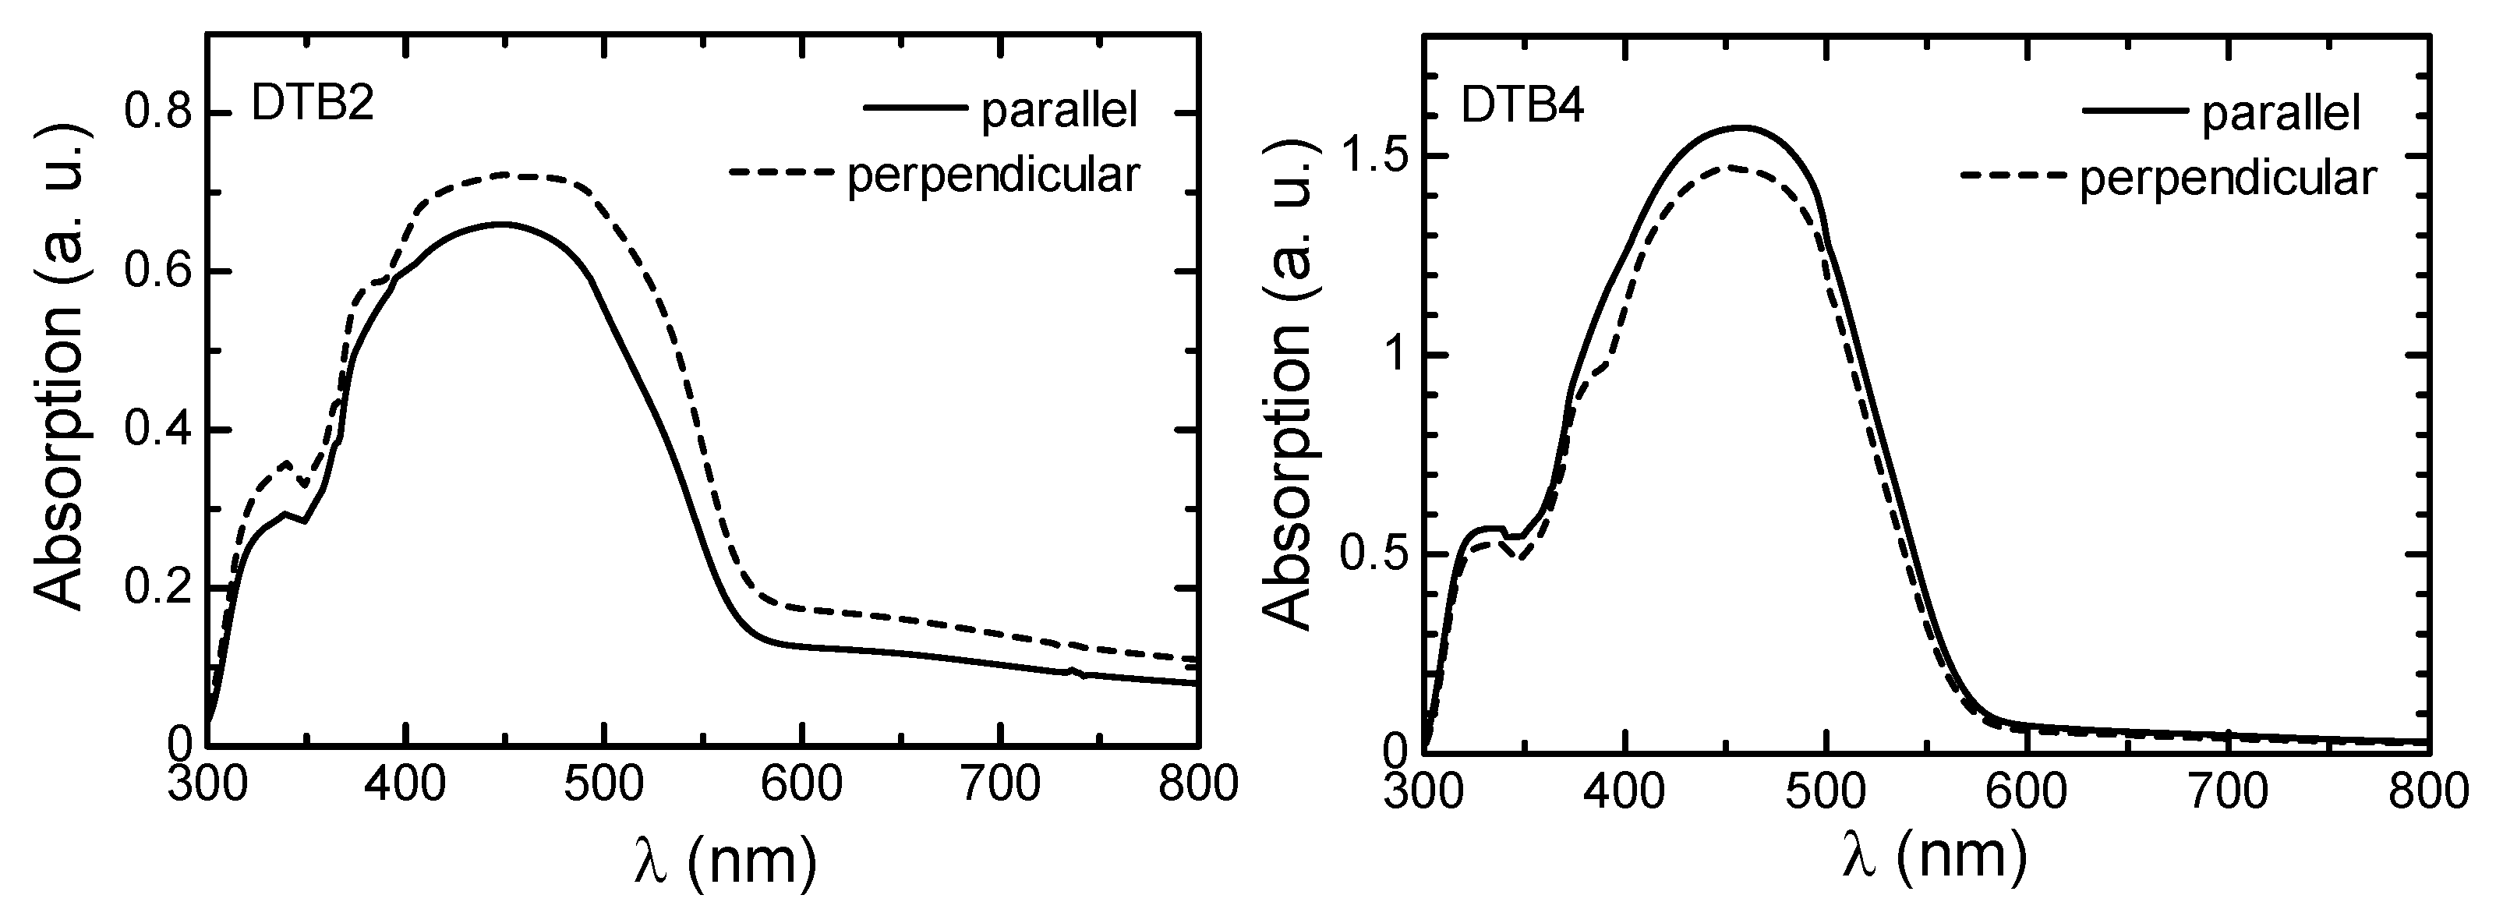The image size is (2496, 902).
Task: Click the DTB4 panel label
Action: click(x=1522, y=108)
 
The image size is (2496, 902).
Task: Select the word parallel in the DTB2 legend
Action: click(x=1059, y=111)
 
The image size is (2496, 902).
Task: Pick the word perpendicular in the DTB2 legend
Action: click(x=993, y=175)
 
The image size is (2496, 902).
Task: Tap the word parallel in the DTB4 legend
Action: click(x=2281, y=115)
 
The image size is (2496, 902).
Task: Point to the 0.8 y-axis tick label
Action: click(x=160, y=113)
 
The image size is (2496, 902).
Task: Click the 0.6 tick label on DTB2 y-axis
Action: click(x=160, y=271)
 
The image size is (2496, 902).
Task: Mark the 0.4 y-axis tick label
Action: click(x=160, y=430)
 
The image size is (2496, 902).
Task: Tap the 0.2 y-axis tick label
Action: click(x=160, y=588)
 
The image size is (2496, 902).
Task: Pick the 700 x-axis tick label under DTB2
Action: click(x=999, y=783)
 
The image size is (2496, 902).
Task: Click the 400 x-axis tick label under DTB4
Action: click(x=1625, y=791)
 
